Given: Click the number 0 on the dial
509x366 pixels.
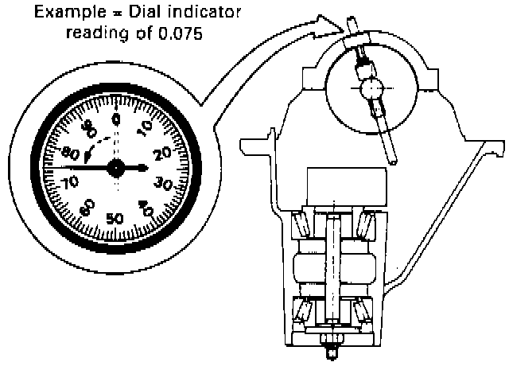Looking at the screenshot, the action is click(116, 119).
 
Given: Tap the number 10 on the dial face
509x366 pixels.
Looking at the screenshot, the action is click(145, 127).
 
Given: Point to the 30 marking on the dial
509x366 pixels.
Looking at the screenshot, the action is click(163, 184).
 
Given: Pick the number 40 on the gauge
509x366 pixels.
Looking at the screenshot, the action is click(146, 208).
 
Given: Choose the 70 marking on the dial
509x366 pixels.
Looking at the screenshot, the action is click(70, 182).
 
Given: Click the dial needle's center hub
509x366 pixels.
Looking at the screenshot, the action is click(116, 168).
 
